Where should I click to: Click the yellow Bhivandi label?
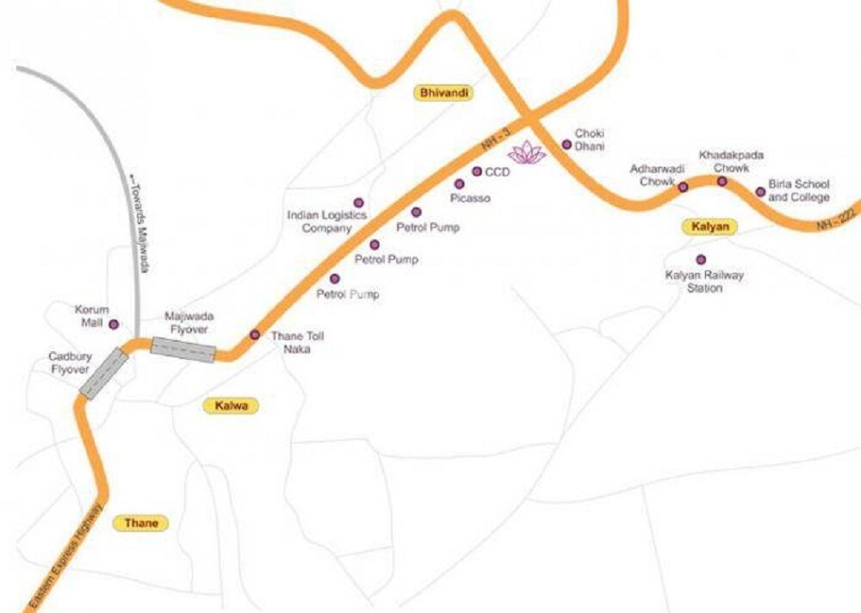(x=445, y=93)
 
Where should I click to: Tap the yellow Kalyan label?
(x=710, y=227)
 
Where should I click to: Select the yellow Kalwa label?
(x=231, y=406)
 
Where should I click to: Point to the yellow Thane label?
(x=141, y=523)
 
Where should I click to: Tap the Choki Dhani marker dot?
(x=567, y=144)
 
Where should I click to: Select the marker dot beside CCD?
(x=477, y=171)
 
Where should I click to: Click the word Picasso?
(x=470, y=198)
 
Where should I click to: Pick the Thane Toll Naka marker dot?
(x=254, y=335)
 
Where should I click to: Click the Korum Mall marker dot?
(x=113, y=324)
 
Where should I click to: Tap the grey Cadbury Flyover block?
(x=103, y=373)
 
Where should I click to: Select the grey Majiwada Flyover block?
(x=183, y=350)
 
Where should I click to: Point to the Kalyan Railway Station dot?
(x=701, y=259)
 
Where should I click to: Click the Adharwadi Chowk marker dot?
(x=683, y=187)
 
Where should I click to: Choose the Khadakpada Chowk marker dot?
(x=722, y=181)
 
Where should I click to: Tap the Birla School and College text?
(x=798, y=190)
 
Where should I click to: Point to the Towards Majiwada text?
(x=139, y=219)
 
